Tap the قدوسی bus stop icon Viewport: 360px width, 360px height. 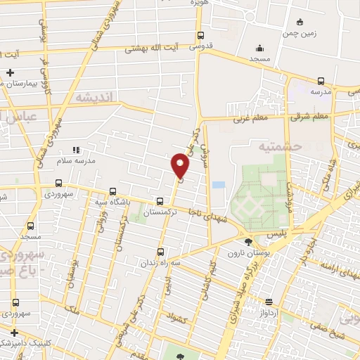201,35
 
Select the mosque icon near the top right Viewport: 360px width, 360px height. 260,49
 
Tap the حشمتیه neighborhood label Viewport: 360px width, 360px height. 259,148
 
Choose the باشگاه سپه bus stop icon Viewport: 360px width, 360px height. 112,191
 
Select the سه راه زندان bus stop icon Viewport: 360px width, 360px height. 161,251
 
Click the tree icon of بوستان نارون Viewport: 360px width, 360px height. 247,242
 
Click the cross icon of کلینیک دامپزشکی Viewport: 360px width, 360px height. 14,332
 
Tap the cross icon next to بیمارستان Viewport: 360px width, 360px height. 10,72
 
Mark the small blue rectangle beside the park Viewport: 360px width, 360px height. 219,184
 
